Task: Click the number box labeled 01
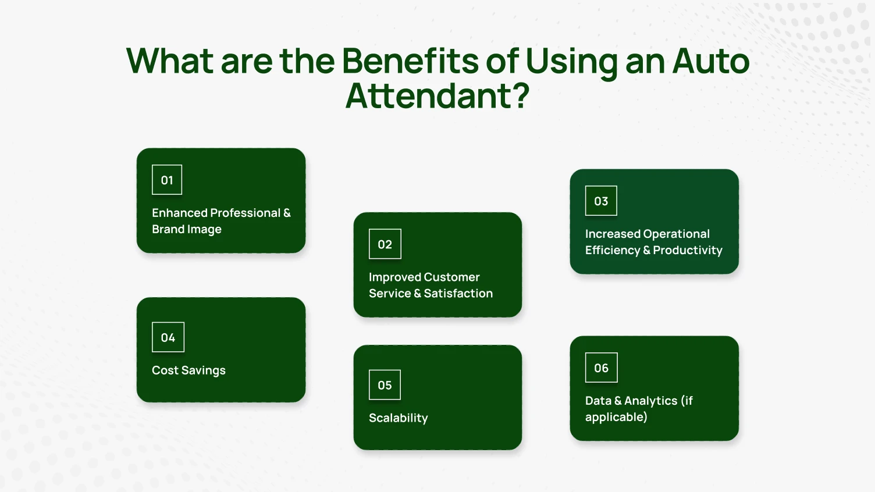tap(167, 180)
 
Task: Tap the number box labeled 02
tap(385, 244)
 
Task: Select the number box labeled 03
tap(601, 201)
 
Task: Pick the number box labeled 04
tap(168, 337)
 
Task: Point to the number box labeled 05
tap(385, 385)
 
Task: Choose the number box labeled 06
tap(601, 368)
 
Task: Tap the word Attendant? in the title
tap(437, 96)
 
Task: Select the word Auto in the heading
tap(711, 61)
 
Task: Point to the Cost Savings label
tap(188, 370)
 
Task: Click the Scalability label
tap(398, 418)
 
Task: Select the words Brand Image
tap(187, 229)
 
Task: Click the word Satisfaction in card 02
tap(458, 294)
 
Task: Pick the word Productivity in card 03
tap(688, 251)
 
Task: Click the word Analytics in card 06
tap(650, 401)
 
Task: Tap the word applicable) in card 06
tap(616, 417)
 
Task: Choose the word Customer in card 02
tap(451, 277)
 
